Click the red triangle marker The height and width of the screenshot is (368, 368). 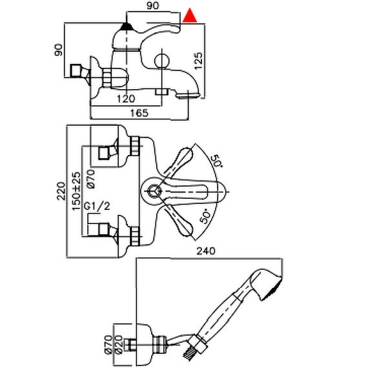190,16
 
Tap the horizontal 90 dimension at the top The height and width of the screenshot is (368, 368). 153,6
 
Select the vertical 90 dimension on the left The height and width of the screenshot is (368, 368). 59,50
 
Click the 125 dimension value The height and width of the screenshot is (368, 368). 198,61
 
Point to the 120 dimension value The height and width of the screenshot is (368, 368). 127,99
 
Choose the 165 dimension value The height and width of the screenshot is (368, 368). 139,113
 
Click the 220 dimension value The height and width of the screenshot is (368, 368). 61,191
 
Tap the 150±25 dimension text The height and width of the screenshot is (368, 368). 76,191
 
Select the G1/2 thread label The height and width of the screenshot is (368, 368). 97,207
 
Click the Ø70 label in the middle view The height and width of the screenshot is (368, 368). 91,179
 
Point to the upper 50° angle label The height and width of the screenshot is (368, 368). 218,161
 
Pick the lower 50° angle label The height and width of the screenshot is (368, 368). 205,216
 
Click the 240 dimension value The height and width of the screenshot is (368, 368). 205,251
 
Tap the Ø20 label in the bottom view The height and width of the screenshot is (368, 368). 119,345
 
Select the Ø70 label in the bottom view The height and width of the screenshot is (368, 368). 108,345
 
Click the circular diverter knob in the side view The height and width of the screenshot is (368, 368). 162,61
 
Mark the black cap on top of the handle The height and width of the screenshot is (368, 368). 127,26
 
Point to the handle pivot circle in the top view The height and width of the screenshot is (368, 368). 154,191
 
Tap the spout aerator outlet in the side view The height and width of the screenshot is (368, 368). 188,96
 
